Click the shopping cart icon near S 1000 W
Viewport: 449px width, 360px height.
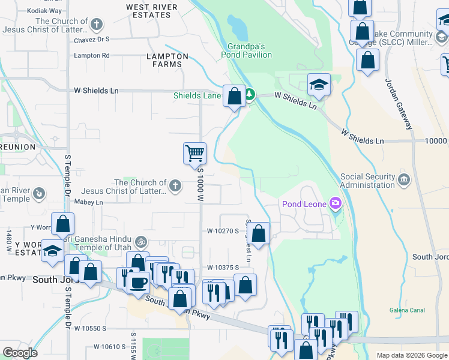click(x=194, y=153)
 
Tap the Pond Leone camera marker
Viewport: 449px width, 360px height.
click(x=335, y=204)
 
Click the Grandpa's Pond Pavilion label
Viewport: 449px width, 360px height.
click(x=250, y=50)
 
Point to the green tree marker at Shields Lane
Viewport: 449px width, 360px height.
click(x=249, y=95)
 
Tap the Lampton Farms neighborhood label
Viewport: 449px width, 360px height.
click(x=167, y=60)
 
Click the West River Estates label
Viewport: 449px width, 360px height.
click(x=152, y=11)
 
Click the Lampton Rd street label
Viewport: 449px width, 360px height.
click(x=91, y=55)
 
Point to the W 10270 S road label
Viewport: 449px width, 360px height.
click(x=223, y=230)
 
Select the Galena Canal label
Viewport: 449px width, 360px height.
click(x=408, y=310)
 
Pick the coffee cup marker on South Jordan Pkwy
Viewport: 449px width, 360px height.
click(x=139, y=282)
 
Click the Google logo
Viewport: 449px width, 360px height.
click(x=20, y=353)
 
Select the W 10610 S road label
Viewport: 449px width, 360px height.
click(x=110, y=347)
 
